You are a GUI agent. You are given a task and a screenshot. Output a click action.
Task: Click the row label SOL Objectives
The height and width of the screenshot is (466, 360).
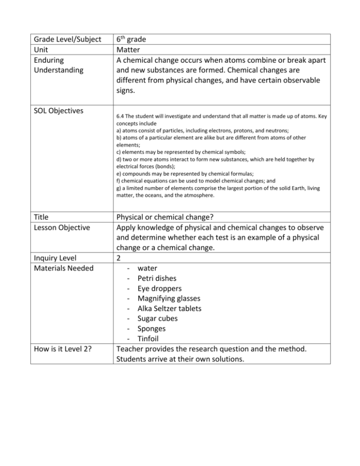(58, 111)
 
